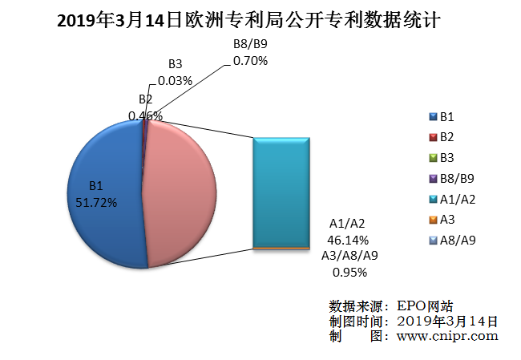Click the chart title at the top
click(x=260, y=20)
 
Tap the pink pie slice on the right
click(x=180, y=192)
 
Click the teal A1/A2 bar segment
click(x=281, y=192)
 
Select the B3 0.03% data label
click(x=175, y=73)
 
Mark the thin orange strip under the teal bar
click(x=281, y=249)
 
